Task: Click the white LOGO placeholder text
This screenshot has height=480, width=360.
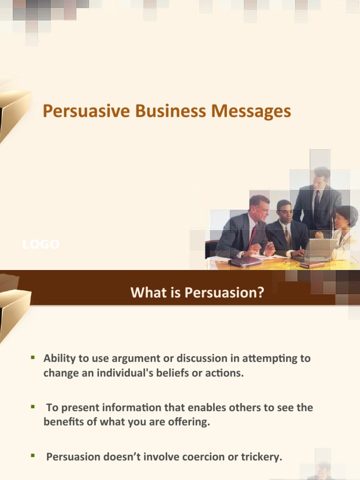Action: (41, 244)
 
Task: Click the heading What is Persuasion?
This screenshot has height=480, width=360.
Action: (197, 293)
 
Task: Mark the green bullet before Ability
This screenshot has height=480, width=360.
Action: (33, 358)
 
